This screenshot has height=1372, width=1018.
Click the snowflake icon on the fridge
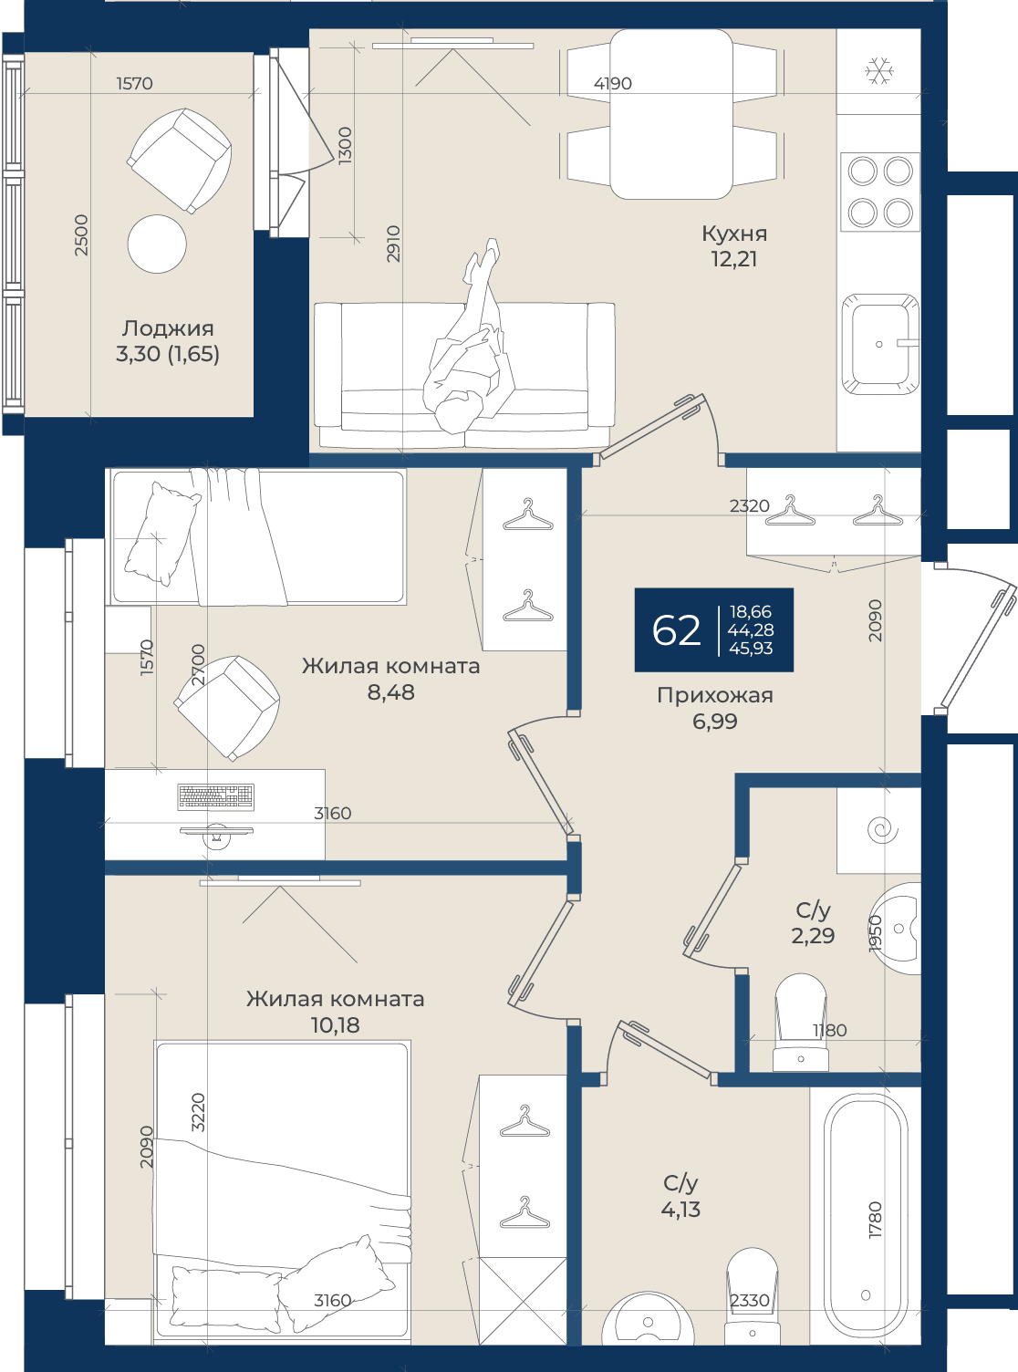878,71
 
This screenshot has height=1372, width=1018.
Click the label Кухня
734,234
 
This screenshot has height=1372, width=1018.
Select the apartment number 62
676,630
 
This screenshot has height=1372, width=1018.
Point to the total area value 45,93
751,649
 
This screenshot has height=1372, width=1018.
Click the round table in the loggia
157,244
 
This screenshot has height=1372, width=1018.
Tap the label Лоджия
168,328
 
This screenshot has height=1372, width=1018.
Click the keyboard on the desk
215,796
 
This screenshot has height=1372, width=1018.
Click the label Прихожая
715,695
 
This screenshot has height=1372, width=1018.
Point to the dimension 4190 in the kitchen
613,83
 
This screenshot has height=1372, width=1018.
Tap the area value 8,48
391,692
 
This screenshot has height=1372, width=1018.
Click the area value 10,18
335,1025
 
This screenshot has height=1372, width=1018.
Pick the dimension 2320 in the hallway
750,505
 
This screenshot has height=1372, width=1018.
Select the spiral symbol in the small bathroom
883,830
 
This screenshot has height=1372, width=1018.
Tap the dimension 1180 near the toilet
829,1030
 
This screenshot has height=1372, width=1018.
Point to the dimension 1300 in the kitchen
345,145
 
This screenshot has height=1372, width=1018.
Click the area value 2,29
813,935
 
